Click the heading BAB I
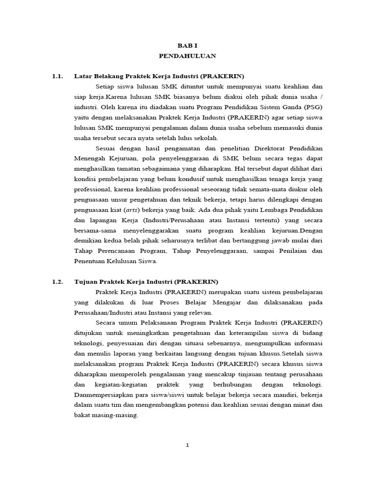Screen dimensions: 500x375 (x=187, y=45)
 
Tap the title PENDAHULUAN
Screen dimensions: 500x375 (x=187, y=56)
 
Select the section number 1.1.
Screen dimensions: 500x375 (x=58, y=76)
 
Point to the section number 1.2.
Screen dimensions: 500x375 (x=58, y=282)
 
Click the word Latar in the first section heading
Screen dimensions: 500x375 (x=82, y=76)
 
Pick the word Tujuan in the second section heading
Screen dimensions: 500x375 (x=85, y=282)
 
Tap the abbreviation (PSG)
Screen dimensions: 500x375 (x=310, y=107)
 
